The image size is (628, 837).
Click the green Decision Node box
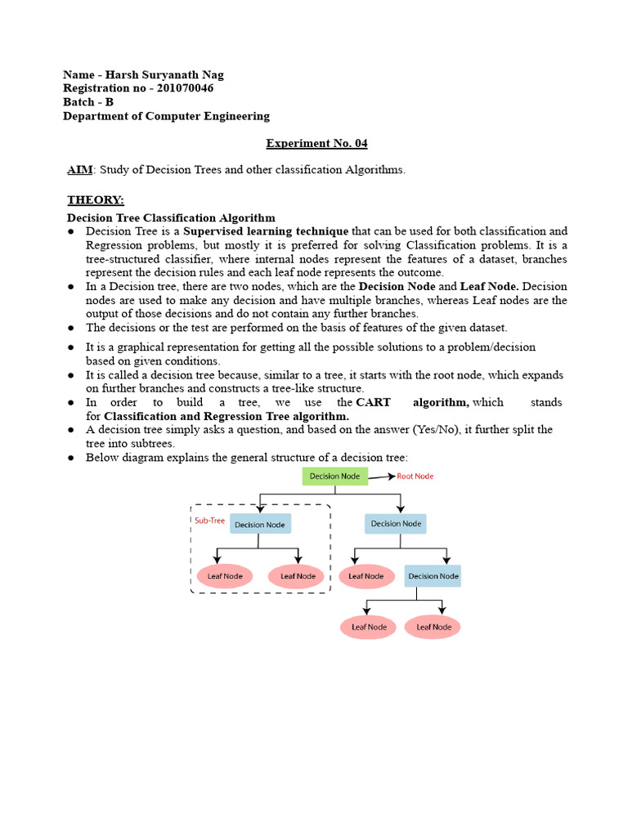click(x=335, y=477)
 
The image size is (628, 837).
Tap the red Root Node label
click(x=415, y=477)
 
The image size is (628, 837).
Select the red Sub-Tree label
click(x=209, y=520)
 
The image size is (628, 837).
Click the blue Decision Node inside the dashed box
click(x=260, y=524)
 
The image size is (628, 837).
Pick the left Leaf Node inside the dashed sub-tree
click(x=225, y=575)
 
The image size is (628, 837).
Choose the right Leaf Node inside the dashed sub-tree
click(x=298, y=575)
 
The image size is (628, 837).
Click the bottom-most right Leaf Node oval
click(x=433, y=627)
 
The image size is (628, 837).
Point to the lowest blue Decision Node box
click(x=433, y=575)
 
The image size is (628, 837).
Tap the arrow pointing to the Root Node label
click(x=381, y=477)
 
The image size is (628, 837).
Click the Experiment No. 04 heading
click(x=316, y=144)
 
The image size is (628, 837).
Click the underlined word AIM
click(x=80, y=170)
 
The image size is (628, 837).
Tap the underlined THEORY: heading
click(x=95, y=200)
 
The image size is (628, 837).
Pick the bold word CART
click(x=373, y=403)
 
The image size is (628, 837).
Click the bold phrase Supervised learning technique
click(x=266, y=231)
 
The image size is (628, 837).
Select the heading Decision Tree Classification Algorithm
click(x=171, y=218)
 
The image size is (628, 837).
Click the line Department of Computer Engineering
click(x=167, y=116)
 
